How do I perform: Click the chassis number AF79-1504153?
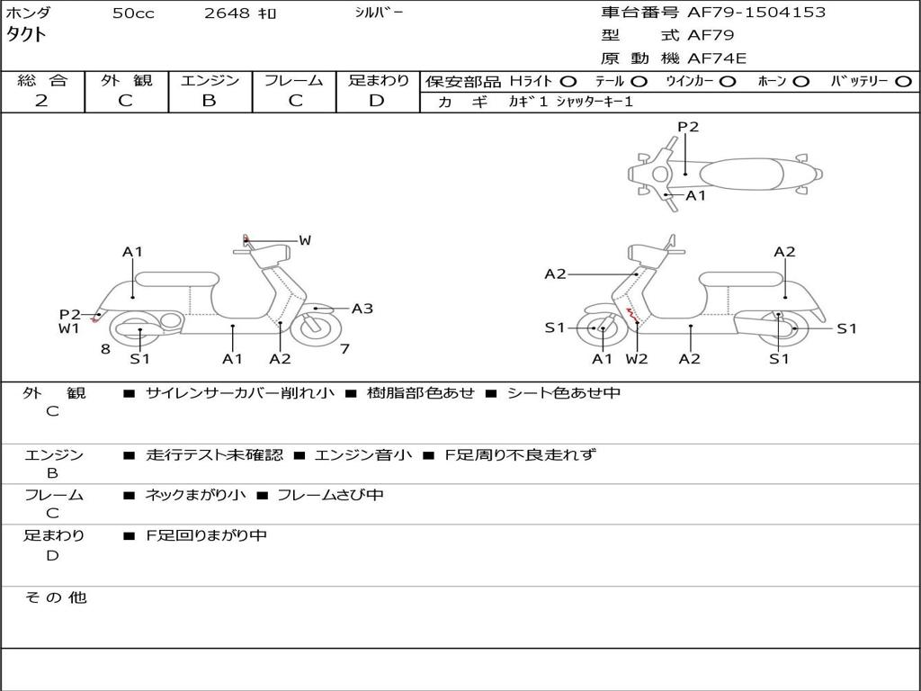click(x=756, y=13)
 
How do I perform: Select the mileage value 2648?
click(x=228, y=13)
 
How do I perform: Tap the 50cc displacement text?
click(x=133, y=13)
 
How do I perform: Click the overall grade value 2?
click(x=41, y=101)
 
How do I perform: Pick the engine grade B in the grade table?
click(x=210, y=101)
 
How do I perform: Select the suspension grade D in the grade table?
click(x=377, y=101)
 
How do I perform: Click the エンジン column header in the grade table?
click(x=210, y=80)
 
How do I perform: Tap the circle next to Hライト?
click(x=568, y=81)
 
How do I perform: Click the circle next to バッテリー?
click(x=903, y=81)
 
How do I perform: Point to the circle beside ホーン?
click(x=800, y=81)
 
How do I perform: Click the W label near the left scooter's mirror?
click(x=305, y=240)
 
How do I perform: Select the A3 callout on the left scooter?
click(x=362, y=309)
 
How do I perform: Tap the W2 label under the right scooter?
click(x=637, y=359)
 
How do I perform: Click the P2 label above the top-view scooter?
click(x=688, y=127)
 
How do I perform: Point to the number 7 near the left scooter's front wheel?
click(x=344, y=348)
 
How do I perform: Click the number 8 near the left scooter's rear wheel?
click(x=105, y=349)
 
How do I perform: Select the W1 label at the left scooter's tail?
click(x=69, y=328)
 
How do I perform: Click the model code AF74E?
click(x=717, y=58)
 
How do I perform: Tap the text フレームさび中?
click(x=329, y=495)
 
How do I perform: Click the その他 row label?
click(x=55, y=597)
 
